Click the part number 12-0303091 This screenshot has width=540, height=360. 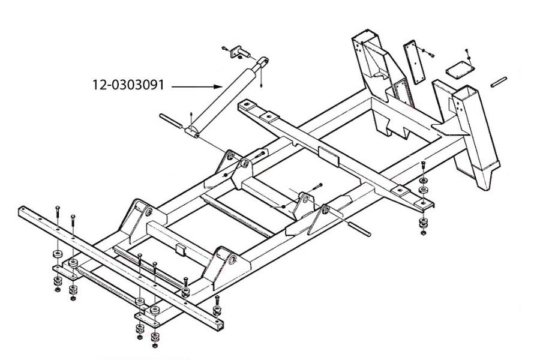pos(128,85)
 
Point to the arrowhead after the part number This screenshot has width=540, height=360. pos(220,86)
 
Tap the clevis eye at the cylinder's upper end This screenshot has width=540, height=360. pos(264,61)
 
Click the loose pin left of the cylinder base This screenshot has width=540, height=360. pos(171,121)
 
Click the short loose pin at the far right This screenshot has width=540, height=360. pos(498,82)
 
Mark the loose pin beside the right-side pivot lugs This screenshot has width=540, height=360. pos(360,229)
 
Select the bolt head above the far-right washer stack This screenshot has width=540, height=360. pos(423,163)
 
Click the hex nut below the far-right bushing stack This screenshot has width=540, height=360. pos(423,233)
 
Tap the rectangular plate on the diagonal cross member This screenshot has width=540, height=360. pos(329,156)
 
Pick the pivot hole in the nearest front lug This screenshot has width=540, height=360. pos(232,259)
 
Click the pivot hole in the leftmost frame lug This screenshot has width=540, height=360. pos(148,212)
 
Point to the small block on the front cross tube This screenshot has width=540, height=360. pos(181,249)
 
